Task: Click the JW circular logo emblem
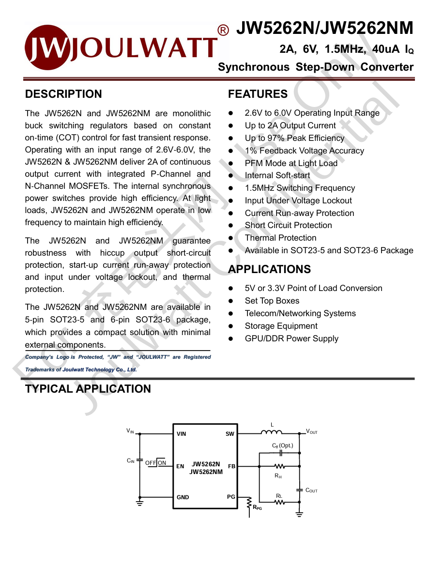(x=48, y=47)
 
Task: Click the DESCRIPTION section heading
(x=63, y=94)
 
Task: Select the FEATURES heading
(x=258, y=94)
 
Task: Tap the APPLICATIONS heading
(x=269, y=269)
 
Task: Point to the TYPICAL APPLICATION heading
(x=88, y=389)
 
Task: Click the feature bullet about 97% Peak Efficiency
(x=294, y=138)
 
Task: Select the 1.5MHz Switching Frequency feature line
(x=300, y=188)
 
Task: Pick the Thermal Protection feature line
(x=280, y=238)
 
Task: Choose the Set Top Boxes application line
(x=272, y=301)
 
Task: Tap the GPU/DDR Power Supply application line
(x=291, y=338)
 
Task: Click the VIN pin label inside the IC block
(x=182, y=434)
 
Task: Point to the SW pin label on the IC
(x=230, y=434)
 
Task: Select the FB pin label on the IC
(x=231, y=466)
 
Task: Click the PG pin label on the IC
(x=231, y=497)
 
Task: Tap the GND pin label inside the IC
(x=183, y=497)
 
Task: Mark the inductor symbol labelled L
(x=272, y=432)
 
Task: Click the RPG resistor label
(x=257, y=507)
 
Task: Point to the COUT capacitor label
(x=311, y=490)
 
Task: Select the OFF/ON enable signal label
(x=155, y=463)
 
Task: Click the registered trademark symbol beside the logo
(x=223, y=31)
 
